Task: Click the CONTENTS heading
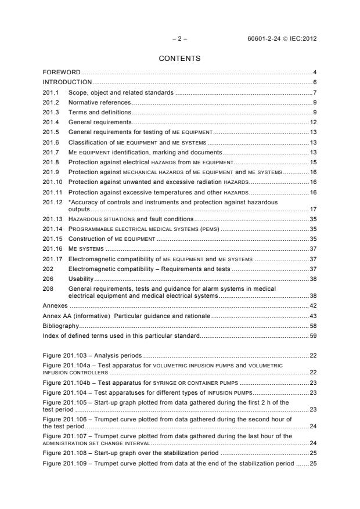click(x=179, y=59)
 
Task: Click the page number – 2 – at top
click(x=180, y=38)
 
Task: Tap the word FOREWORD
click(x=62, y=73)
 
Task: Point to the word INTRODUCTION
click(x=67, y=82)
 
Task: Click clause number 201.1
click(x=51, y=92)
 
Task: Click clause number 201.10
click(x=53, y=182)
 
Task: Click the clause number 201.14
click(x=53, y=229)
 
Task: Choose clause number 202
click(x=49, y=269)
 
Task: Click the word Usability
click(x=81, y=279)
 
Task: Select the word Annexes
click(x=56, y=305)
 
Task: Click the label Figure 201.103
click(x=66, y=355)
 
